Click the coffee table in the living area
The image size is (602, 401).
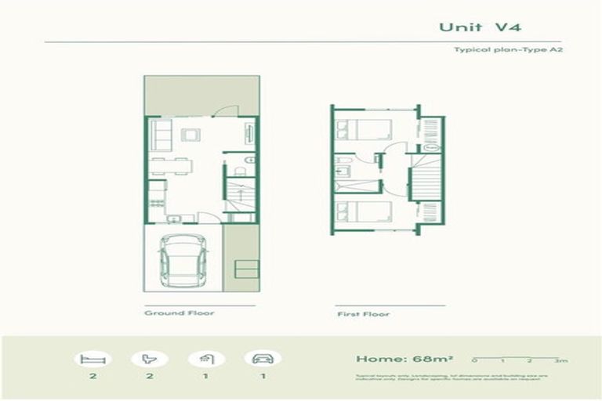coord(190,135)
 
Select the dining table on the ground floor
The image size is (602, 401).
coord(170,164)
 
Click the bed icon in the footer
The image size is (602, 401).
coord(93,359)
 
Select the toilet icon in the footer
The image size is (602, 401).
coord(150,359)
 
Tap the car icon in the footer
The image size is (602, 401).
coord(263,359)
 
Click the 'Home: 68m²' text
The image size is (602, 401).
coord(394,359)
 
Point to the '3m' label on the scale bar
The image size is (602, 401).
coord(559,361)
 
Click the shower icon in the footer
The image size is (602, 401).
coord(206,359)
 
